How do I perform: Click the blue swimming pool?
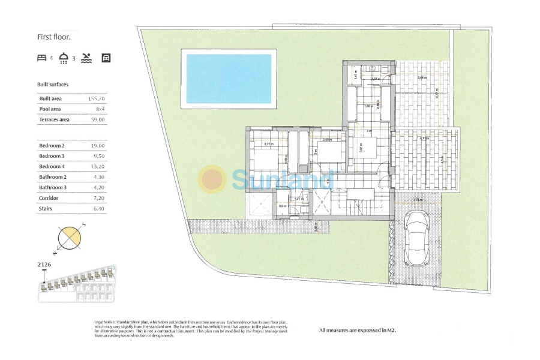[229, 78]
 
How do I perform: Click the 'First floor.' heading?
[54, 37]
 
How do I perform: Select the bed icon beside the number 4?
[41, 58]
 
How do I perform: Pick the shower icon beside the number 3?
[64, 58]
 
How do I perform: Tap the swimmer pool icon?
[87, 58]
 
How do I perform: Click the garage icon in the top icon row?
[106, 58]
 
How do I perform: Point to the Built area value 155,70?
[96, 98]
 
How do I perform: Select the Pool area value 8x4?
[99, 109]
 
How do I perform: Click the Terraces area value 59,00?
[97, 119]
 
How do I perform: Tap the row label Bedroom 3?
[52, 156]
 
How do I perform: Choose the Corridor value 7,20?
[97, 197]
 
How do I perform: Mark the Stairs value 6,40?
[97, 208]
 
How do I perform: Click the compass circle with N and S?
[70, 238]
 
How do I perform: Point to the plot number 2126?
[44, 264]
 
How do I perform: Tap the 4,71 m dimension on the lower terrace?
[424, 139]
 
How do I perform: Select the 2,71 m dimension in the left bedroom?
[269, 144]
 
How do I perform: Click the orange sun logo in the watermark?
[212, 179]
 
